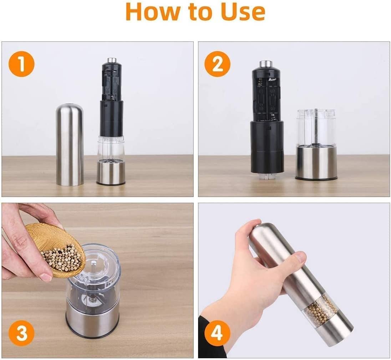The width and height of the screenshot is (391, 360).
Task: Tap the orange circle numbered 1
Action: (x=21, y=64)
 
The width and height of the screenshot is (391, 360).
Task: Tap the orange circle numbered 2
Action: (x=217, y=64)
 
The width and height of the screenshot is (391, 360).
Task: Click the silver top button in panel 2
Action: (x=266, y=64)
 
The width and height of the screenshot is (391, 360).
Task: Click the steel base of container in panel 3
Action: (x=92, y=321)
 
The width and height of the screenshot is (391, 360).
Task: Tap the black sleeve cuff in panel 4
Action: (x=210, y=339)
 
